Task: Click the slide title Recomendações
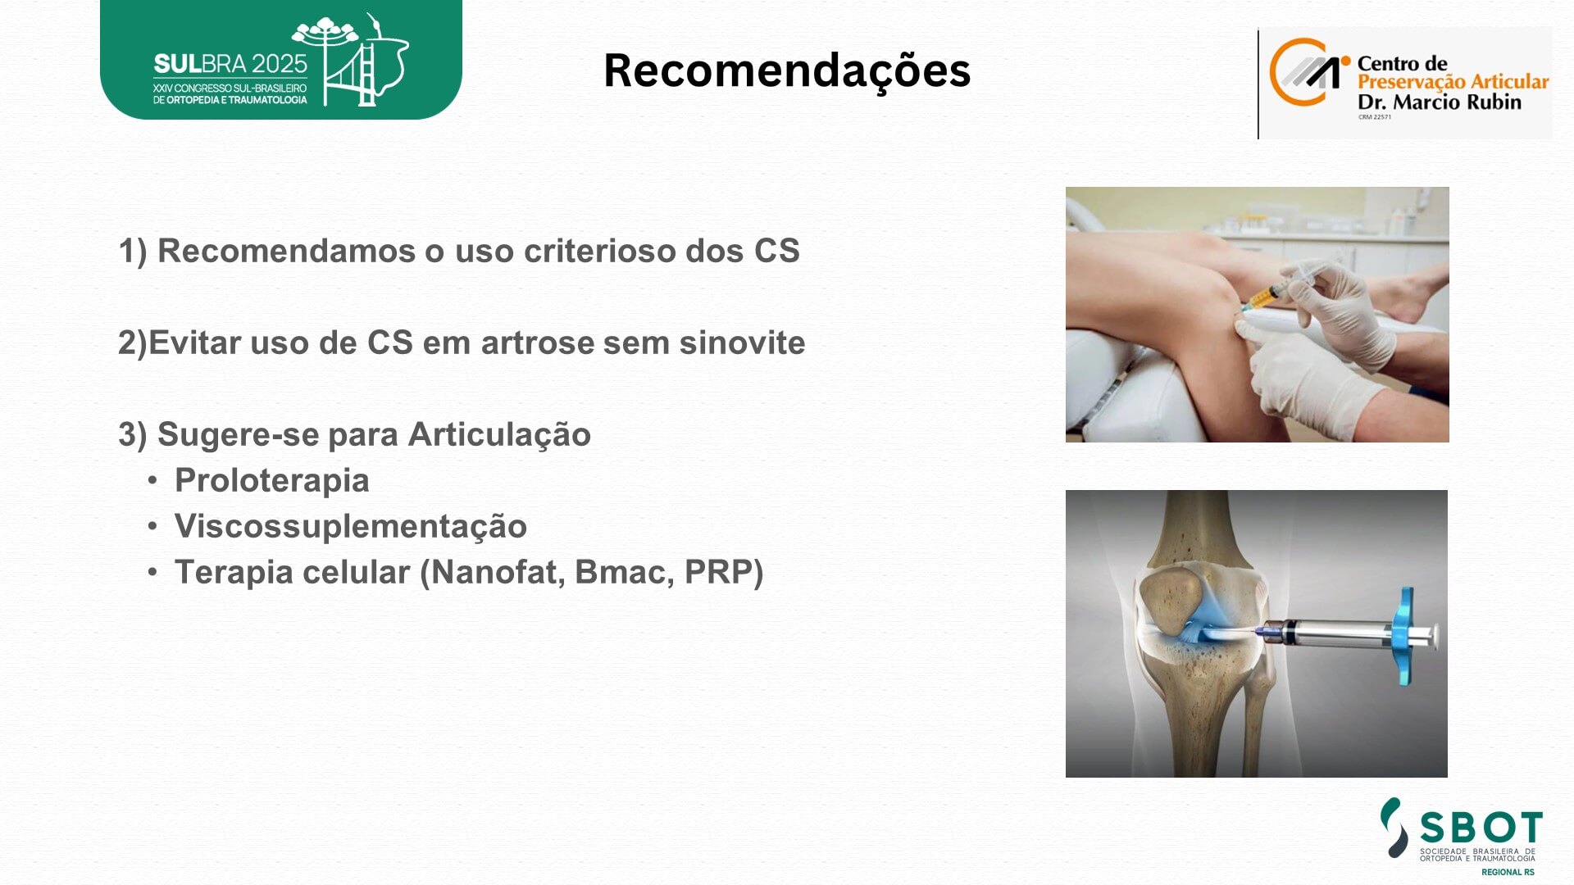point(787,70)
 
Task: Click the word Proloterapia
point(272,481)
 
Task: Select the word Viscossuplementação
point(351,527)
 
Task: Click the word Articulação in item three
point(499,435)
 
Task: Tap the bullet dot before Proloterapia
point(152,480)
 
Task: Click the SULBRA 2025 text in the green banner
point(230,64)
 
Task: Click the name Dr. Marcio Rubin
point(1440,102)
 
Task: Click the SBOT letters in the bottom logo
point(1481,828)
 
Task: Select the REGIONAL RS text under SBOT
point(1508,872)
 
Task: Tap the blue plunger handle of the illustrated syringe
point(1408,635)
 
